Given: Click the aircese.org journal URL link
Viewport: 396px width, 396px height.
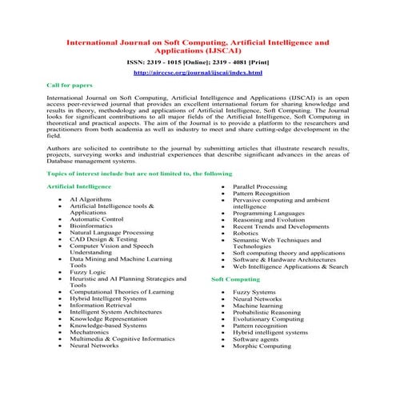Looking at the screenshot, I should pyautogui.click(x=198, y=73).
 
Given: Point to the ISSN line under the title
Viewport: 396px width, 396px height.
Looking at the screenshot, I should pyautogui.click(x=198, y=61).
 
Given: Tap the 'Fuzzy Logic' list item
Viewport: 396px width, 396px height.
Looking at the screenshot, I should pyautogui.click(x=87, y=273).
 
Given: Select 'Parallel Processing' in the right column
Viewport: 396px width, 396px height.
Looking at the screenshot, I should pyautogui.click(x=259, y=186).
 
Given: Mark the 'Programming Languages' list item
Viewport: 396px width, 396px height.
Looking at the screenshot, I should pyautogui.click(x=265, y=214).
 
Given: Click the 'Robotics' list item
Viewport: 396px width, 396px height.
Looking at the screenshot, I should pyautogui.click(x=246, y=234).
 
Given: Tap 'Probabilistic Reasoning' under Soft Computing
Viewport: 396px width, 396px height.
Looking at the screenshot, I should pyautogui.click(x=267, y=313).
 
